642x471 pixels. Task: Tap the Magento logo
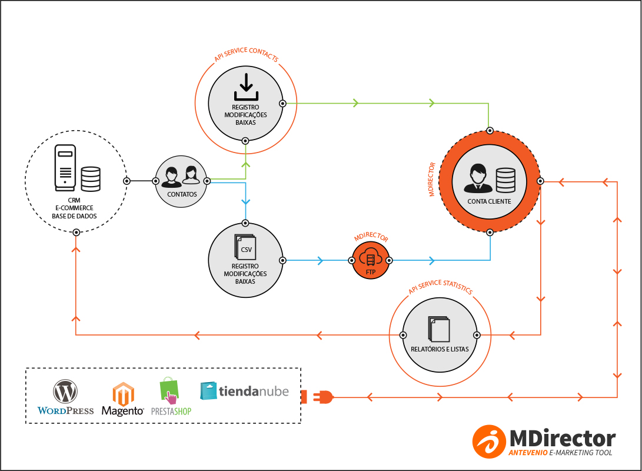[123, 399]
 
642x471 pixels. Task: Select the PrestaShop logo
[171, 397]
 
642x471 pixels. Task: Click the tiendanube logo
[245, 390]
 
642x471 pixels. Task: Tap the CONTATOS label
[182, 194]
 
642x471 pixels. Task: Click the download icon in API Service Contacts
[245, 87]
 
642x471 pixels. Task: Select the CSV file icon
[245, 248]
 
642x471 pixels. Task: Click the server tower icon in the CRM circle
[65, 167]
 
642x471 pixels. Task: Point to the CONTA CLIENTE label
[489, 201]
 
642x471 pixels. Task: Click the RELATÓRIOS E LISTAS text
[440, 349]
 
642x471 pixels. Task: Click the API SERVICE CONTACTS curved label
[246, 55]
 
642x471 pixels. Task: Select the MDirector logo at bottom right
[544, 440]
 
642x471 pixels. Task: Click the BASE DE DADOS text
[74, 216]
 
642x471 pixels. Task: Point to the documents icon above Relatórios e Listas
[440, 329]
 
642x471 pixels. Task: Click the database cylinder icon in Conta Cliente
[505, 180]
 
